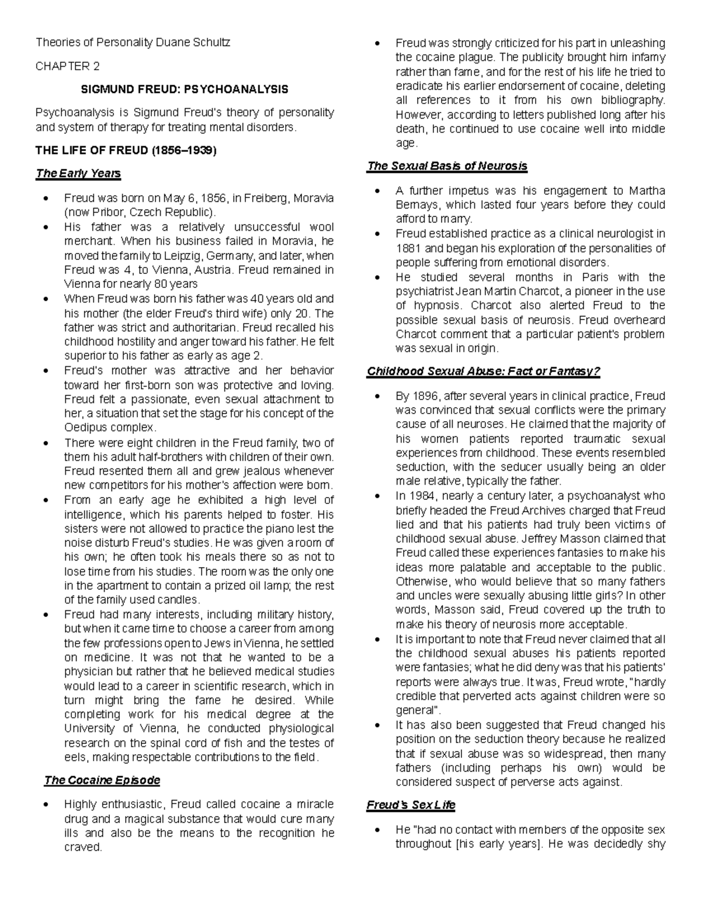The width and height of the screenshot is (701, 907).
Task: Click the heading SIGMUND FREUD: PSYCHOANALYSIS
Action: (184, 89)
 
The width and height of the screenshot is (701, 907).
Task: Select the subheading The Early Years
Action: (78, 173)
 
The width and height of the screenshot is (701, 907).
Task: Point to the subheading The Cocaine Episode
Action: (102, 780)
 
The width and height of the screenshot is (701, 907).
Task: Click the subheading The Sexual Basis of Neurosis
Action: (447, 166)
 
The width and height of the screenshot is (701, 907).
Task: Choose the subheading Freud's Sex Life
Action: (411, 805)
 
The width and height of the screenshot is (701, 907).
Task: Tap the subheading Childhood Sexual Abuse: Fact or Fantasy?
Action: (483, 371)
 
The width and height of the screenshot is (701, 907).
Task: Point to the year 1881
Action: (408, 248)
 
